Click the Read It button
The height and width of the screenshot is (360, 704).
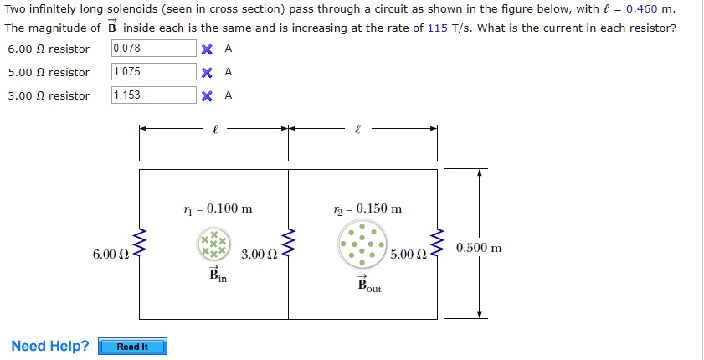tap(132, 347)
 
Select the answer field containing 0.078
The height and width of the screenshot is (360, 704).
tap(154, 49)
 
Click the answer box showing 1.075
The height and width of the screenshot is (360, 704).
tap(154, 72)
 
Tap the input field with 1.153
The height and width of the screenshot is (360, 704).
tap(154, 95)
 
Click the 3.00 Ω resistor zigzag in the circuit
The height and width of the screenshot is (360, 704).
tap(289, 244)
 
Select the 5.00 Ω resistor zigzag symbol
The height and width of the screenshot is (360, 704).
tap(436, 244)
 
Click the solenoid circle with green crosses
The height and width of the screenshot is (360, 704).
tap(213, 244)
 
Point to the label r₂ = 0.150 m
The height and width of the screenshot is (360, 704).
tap(367, 208)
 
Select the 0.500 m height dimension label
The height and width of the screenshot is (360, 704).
tap(479, 249)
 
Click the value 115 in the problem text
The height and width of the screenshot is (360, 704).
tap(437, 28)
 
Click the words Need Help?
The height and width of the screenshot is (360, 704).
tap(50, 347)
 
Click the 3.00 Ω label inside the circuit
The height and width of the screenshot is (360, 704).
tap(259, 254)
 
